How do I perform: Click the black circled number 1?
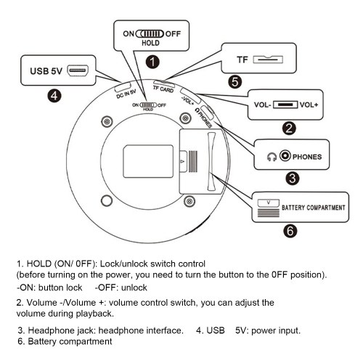[152, 62]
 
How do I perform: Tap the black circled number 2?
[289, 129]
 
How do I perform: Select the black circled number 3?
[293, 179]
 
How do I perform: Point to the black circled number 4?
[54, 96]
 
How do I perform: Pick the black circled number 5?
[235, 81]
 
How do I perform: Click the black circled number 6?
[290, 231]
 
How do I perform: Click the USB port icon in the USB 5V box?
[78, 70]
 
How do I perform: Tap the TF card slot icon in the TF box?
[268, 60]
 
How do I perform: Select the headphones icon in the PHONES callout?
[272, 157]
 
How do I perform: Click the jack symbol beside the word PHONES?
[285, 155]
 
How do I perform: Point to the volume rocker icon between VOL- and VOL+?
[285, 105]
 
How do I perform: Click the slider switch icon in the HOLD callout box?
[150, 33]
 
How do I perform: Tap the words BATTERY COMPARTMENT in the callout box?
[314, 208]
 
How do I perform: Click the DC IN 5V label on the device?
[126, 94]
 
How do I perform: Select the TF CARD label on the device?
[163, 89]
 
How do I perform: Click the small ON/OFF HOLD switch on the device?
[149, 105]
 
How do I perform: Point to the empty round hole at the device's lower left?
[107, 200]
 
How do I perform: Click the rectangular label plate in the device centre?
[148, 161]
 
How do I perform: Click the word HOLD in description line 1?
[39, 264]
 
